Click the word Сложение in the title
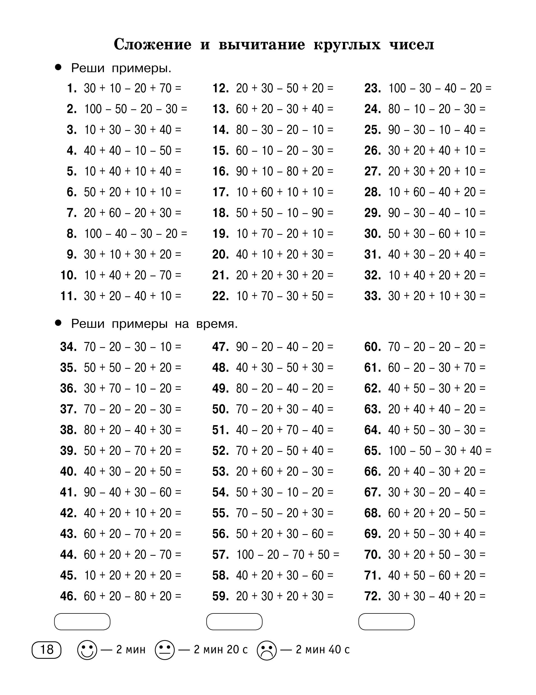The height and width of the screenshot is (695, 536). pos(152,44)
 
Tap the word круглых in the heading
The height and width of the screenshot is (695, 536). pos(347,45)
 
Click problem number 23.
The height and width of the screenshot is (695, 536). pos(372,88)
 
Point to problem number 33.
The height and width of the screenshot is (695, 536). pos(372,296)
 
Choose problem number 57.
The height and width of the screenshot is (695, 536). pos(220,555)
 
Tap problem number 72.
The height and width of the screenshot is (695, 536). pos(372,596)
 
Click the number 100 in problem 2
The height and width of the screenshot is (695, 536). pos(93,109)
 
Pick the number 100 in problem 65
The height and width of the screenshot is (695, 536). pos(397,451)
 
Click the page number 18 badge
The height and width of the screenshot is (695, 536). pos(47,650)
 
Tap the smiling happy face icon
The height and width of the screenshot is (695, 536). pos(87,650)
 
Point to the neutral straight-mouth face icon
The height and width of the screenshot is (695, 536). pos(164,650)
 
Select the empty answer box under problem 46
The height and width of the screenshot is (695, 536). pos(82,622)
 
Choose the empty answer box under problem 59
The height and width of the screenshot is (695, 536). pos(234,622)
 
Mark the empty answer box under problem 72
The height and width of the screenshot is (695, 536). pos(386,622)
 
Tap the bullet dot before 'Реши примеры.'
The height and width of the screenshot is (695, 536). pos(58,68)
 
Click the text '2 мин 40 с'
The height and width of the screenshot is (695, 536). pos(322,650)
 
